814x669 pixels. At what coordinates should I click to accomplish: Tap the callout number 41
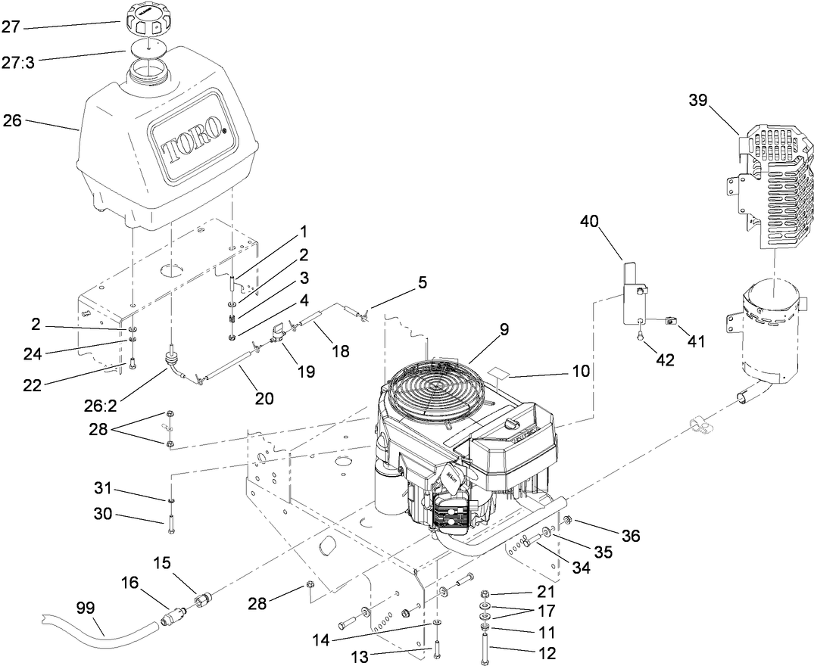696,341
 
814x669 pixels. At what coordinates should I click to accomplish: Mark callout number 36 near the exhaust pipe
630,536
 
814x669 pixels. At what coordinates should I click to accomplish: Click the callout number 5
422,283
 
